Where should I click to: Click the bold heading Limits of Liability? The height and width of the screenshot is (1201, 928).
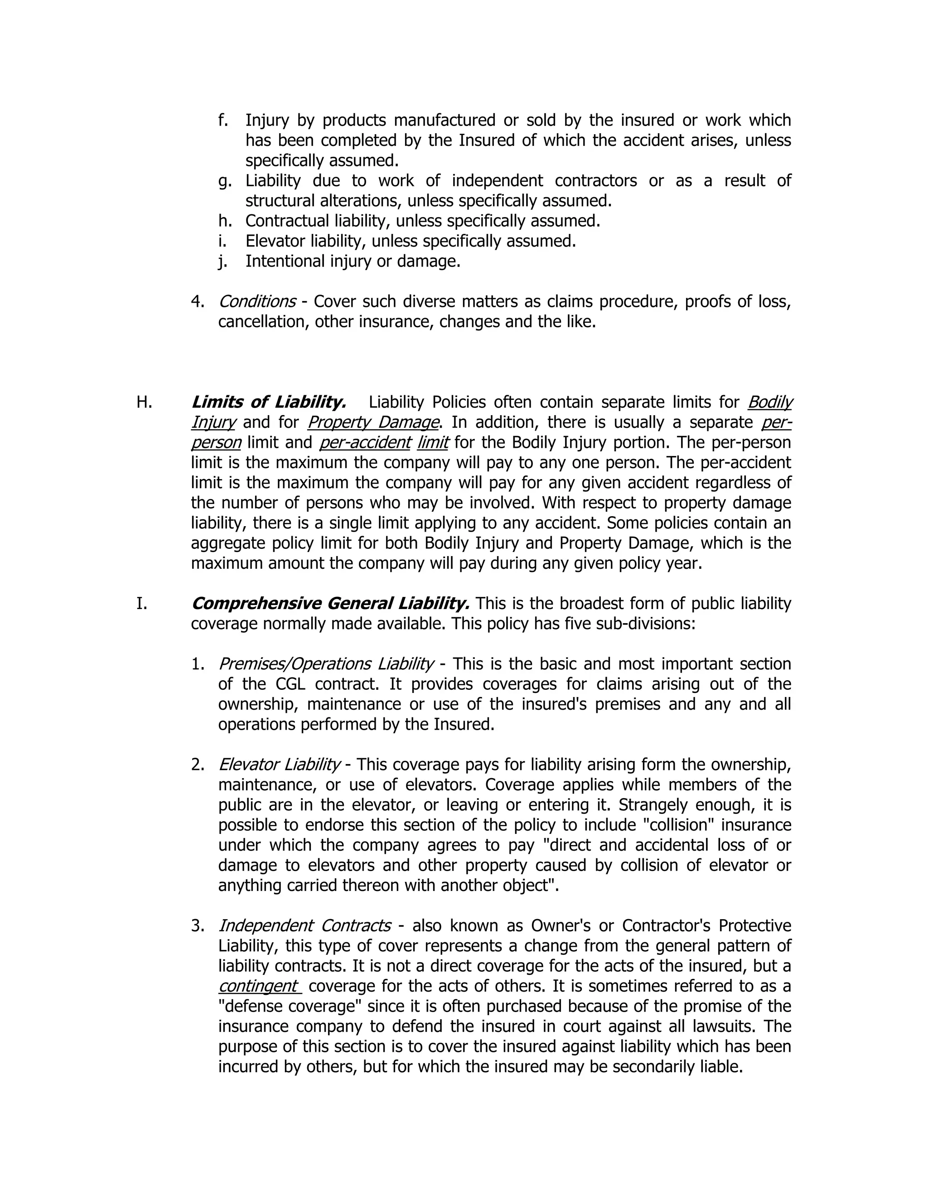point(268,402)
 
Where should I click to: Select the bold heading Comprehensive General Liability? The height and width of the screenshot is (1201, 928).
point(330,603)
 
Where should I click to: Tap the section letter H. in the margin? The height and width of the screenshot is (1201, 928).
point(144,402)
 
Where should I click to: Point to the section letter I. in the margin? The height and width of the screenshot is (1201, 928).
point(141,603)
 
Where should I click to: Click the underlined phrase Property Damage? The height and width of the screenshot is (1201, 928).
point(373,422)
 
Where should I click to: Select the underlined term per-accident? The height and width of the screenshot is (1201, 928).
point(365,442)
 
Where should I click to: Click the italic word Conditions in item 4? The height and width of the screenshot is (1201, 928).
point(257,301)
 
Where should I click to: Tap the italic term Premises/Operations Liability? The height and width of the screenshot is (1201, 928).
point(326,664)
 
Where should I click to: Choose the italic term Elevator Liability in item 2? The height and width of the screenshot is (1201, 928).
point(279,765)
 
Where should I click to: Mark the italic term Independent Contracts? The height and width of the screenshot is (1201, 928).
point(304,925)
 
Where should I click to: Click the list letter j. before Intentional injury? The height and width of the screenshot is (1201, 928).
point(222,261)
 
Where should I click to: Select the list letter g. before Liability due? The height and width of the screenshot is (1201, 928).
point(224,181)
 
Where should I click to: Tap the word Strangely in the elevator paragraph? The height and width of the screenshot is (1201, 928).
point(653,804)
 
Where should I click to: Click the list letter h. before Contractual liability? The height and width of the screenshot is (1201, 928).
point(224,221)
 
